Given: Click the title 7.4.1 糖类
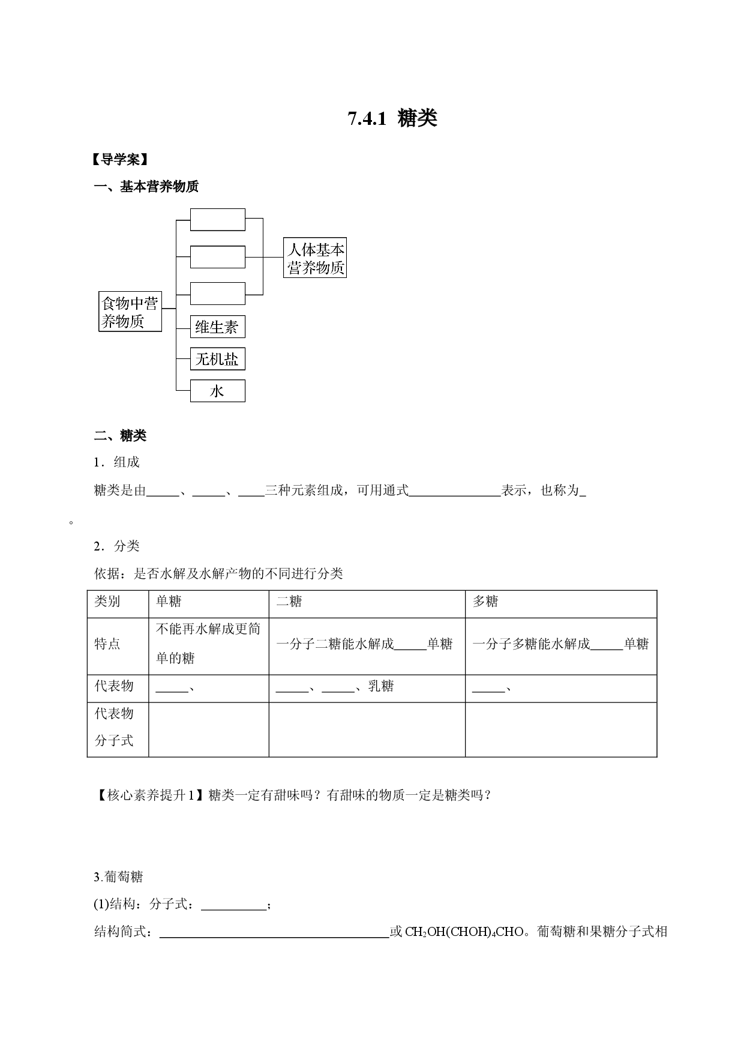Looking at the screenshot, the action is coord(392,118).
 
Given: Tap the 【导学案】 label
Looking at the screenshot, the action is coord(120,160).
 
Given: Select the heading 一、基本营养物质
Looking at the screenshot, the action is coord(146,187).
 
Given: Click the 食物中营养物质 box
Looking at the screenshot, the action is coord(130,312).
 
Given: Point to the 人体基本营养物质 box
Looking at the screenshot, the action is coord(315,258).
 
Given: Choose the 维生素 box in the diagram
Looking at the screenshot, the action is coord(218,327).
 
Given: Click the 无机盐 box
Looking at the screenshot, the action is coord(218,359).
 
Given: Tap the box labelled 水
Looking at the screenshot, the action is coord(218,391).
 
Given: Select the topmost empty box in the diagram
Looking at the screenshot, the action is coord(218,220).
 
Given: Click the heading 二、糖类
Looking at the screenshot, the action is coord(120,436).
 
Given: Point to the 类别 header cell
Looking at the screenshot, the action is coord(107,602).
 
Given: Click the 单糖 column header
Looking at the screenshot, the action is coord(169,602).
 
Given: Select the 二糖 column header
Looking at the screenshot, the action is coord(289,602).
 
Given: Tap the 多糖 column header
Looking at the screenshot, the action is coord(485,602).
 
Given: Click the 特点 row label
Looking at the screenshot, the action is coord(107,644).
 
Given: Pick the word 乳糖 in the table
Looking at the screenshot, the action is coord(381,686).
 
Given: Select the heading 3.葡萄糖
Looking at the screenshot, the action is coord(118,877).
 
